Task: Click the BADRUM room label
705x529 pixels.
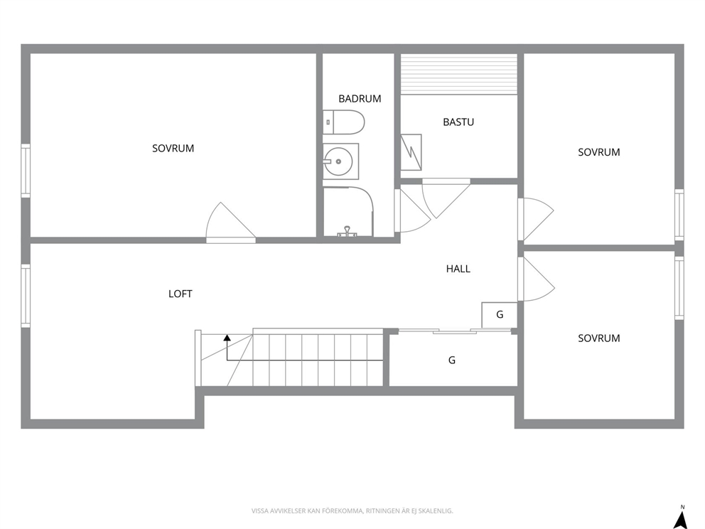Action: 360,99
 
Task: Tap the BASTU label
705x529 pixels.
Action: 458,122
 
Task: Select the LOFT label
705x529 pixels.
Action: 181,294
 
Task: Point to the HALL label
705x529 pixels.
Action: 458,269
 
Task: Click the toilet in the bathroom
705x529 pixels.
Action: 343,122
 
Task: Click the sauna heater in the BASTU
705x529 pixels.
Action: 411,152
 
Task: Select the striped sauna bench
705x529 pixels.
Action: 458,74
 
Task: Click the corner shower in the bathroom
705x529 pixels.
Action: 348,211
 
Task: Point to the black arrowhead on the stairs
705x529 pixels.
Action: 227,337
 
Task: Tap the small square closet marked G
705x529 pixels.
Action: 499,315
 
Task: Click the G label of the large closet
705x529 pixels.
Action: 452,360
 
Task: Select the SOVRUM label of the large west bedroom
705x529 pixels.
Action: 173,149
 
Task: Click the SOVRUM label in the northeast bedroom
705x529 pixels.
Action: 599,152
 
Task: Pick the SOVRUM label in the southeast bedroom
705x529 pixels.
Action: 599,338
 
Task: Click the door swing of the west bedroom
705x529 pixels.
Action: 231,223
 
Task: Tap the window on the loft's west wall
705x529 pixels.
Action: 26,296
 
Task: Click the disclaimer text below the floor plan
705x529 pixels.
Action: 352,511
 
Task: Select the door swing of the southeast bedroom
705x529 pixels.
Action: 537,279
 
